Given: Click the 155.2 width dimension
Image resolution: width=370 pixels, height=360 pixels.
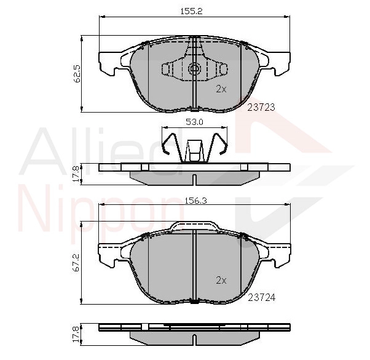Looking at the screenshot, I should (x=195, y=11).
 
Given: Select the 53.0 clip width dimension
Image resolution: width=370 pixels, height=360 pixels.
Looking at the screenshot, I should (x=195, y=122).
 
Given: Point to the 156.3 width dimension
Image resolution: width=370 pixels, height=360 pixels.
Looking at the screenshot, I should (x=195, y=199).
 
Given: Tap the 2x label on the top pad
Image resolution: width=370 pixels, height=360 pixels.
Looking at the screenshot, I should (x=221, y=89).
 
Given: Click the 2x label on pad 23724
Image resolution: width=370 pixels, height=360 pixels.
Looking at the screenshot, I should (x=221, y=280).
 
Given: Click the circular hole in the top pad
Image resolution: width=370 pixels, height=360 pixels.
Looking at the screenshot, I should (x=194, y=69).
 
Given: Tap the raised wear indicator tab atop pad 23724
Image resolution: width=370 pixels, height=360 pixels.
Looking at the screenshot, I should (x=194, y=225).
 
